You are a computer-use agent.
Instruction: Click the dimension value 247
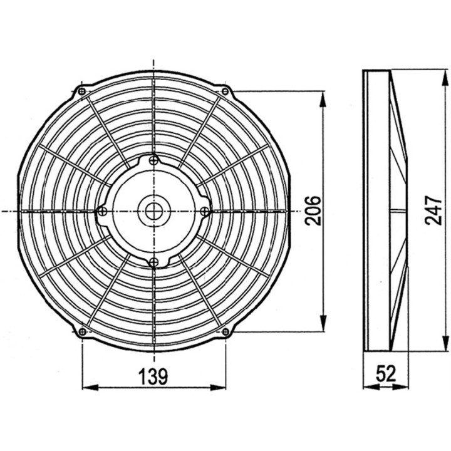tap(433, 210)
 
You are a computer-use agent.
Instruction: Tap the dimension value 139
tap(153, 376)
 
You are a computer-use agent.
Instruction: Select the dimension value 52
tap(386, 374)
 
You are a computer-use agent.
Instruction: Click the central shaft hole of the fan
tap(153, 211)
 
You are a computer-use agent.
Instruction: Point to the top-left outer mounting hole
tap(82, 92)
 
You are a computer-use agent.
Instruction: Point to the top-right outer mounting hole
tap(225, 92)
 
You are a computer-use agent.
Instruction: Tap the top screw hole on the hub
tap(153, 161)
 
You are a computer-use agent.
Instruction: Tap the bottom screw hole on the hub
tap(153, 261)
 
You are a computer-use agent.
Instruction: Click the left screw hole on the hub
tap(103, 212)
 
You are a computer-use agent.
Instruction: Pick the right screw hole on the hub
tap(204, 212)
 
